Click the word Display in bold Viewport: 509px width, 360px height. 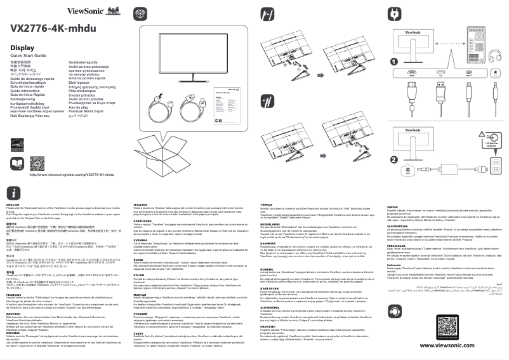click(22, 48)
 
